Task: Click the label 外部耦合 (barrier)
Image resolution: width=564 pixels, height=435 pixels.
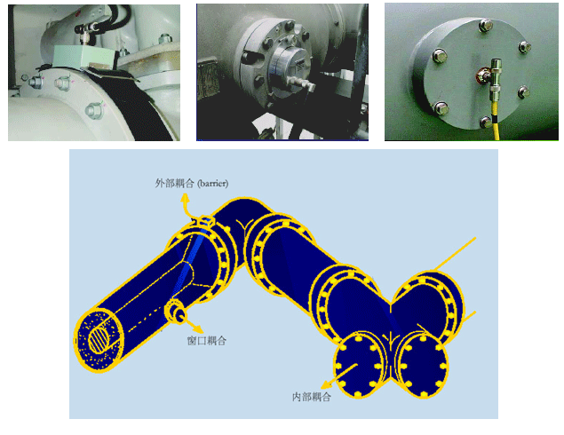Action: point(192,184)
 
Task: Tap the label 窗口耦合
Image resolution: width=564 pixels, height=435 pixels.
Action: point(207,341)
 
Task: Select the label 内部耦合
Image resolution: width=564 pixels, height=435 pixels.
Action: point(312,397)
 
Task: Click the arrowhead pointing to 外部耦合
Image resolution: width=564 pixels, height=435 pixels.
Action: point(185,198)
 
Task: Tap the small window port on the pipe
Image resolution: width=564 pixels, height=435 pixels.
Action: point(175,311)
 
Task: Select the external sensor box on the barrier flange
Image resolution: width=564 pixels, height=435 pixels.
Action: point(206,221)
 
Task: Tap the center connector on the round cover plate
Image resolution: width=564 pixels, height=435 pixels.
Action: point(483,75)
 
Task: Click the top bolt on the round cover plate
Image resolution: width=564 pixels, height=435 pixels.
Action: point(486,25)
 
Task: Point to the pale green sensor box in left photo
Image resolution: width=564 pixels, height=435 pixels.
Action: point(83,57)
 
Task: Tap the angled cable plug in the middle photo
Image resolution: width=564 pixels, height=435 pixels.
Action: point(303,83)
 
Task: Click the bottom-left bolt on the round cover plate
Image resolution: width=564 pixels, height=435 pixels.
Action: point(441,107)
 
